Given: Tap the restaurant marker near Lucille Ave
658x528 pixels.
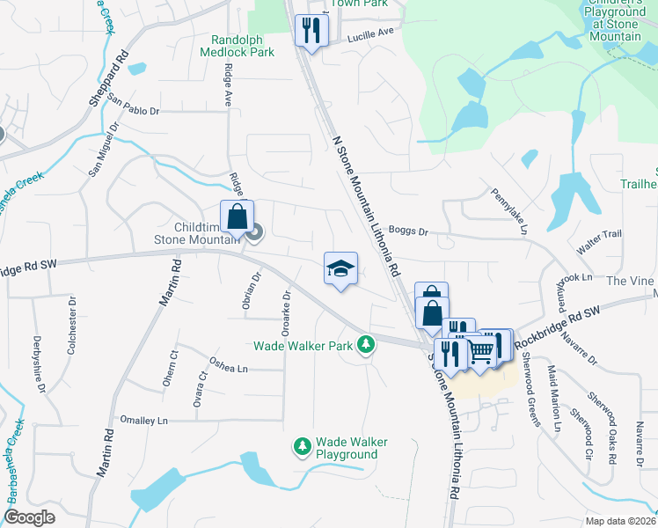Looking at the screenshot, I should click(x=311, y=32).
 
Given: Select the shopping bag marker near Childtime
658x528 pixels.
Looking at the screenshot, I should click(x=238, y=216).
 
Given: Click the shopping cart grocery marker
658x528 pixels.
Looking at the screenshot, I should click(x=480, y=350).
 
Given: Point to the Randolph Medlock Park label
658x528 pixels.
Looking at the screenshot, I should click(x=243, y=46).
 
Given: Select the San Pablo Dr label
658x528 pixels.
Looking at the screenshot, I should click(x=134, y=112).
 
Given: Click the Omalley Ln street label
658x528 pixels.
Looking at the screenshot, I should click(x=143, y=421).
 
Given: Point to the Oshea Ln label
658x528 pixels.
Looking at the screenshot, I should click(x=228, y=363).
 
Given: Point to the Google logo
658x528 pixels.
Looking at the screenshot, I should click(x=30, y=517).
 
